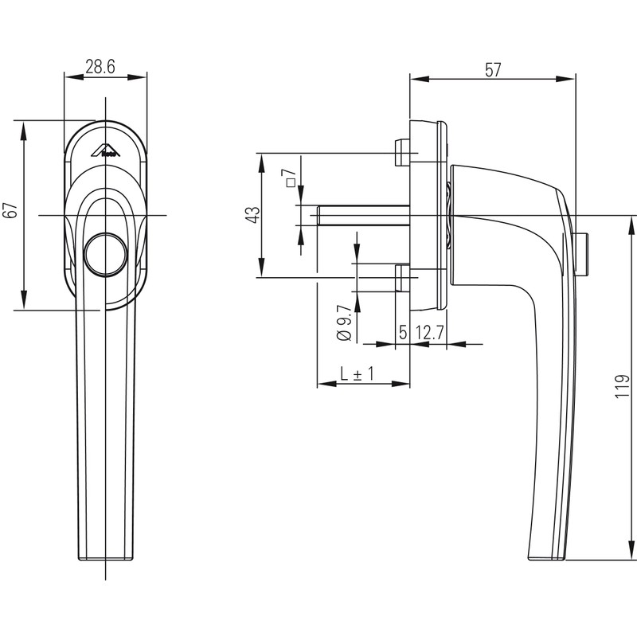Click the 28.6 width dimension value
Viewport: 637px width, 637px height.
click(x=100, y=68)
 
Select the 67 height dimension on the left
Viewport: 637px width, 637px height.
click(x=10, y=211)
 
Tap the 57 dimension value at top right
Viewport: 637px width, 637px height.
click(x=493, y=70)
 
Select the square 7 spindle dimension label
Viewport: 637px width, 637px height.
click(x=290, y=178)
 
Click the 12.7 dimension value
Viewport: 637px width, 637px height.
click(x=429, y=333)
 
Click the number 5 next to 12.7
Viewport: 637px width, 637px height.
click(x=403, y=333)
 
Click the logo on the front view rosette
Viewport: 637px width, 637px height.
click(x=105, y=150)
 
